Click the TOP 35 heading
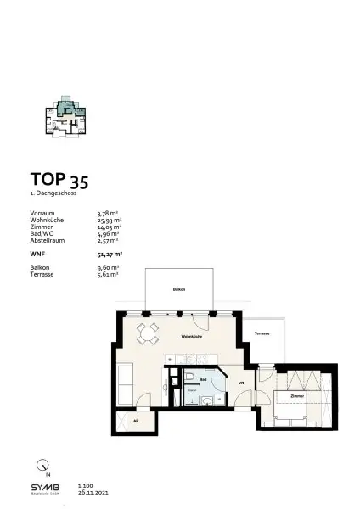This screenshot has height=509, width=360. [x=59, y=180]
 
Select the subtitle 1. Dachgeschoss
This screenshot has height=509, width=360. [x=53, y=193]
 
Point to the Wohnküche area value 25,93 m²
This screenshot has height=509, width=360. [x=110, y=220]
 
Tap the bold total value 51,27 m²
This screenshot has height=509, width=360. [x=110, y=253]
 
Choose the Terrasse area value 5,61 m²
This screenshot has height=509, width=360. [x=108, y=275]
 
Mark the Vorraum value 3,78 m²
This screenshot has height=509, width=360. [x=108, y=214]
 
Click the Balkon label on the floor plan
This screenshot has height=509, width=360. [x=178, y=290]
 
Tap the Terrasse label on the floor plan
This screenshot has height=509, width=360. [x=262, y=333]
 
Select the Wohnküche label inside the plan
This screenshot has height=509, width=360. [x=190, y=337]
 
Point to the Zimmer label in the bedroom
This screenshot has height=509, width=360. [x=296, y=395]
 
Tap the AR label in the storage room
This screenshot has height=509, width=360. [x=135, y=421]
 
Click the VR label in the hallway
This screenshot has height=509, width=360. [x=241, y=383]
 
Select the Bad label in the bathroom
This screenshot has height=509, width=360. [x=203, y=380]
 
